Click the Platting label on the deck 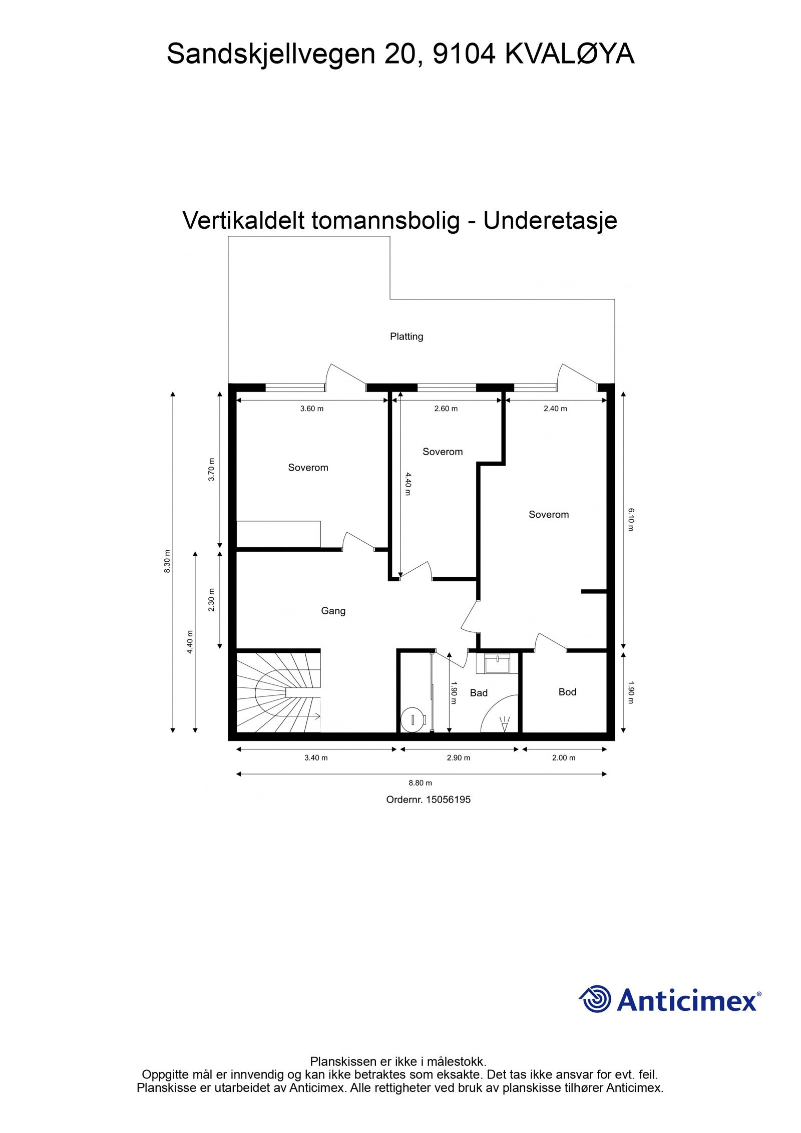[406, 336]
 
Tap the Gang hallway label [333, 610]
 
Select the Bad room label [478, 693]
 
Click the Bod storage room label [567, 692]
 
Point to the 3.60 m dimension [311, 409]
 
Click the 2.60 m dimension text [445, 409]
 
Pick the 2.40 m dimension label [555, 409]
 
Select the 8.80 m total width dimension [420, 783]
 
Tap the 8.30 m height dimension [168, 561]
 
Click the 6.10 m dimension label [630, 520]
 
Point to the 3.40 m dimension [315, 758]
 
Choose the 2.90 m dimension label [458, 758]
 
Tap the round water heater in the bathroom [414, 719]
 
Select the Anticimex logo [669, 1000]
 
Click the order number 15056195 [428, 800]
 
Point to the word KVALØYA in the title [569, 54]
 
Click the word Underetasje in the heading [550, 221]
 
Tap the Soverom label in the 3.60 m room [308, 468]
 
